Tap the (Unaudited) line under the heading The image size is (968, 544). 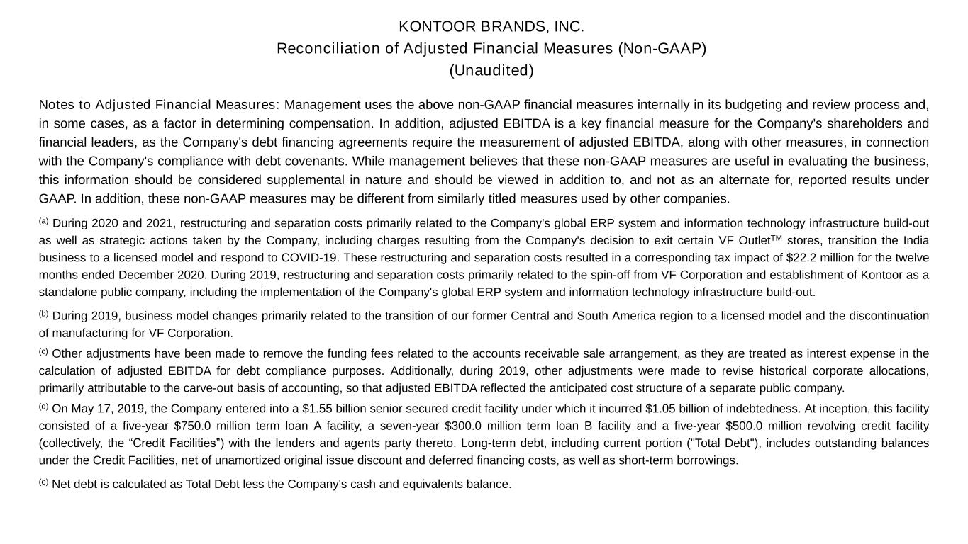click(x=491, y=71)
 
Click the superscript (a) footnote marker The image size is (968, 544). click(x=43, y=221)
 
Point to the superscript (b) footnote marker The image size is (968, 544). click(x=43, y=314)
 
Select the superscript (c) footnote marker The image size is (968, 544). click(x=43, y=351)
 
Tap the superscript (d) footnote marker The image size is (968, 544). click(x=43, y=407)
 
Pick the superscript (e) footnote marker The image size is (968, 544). click(x=43, y=482)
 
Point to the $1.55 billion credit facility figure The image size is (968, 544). click(x=317, y=409)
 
